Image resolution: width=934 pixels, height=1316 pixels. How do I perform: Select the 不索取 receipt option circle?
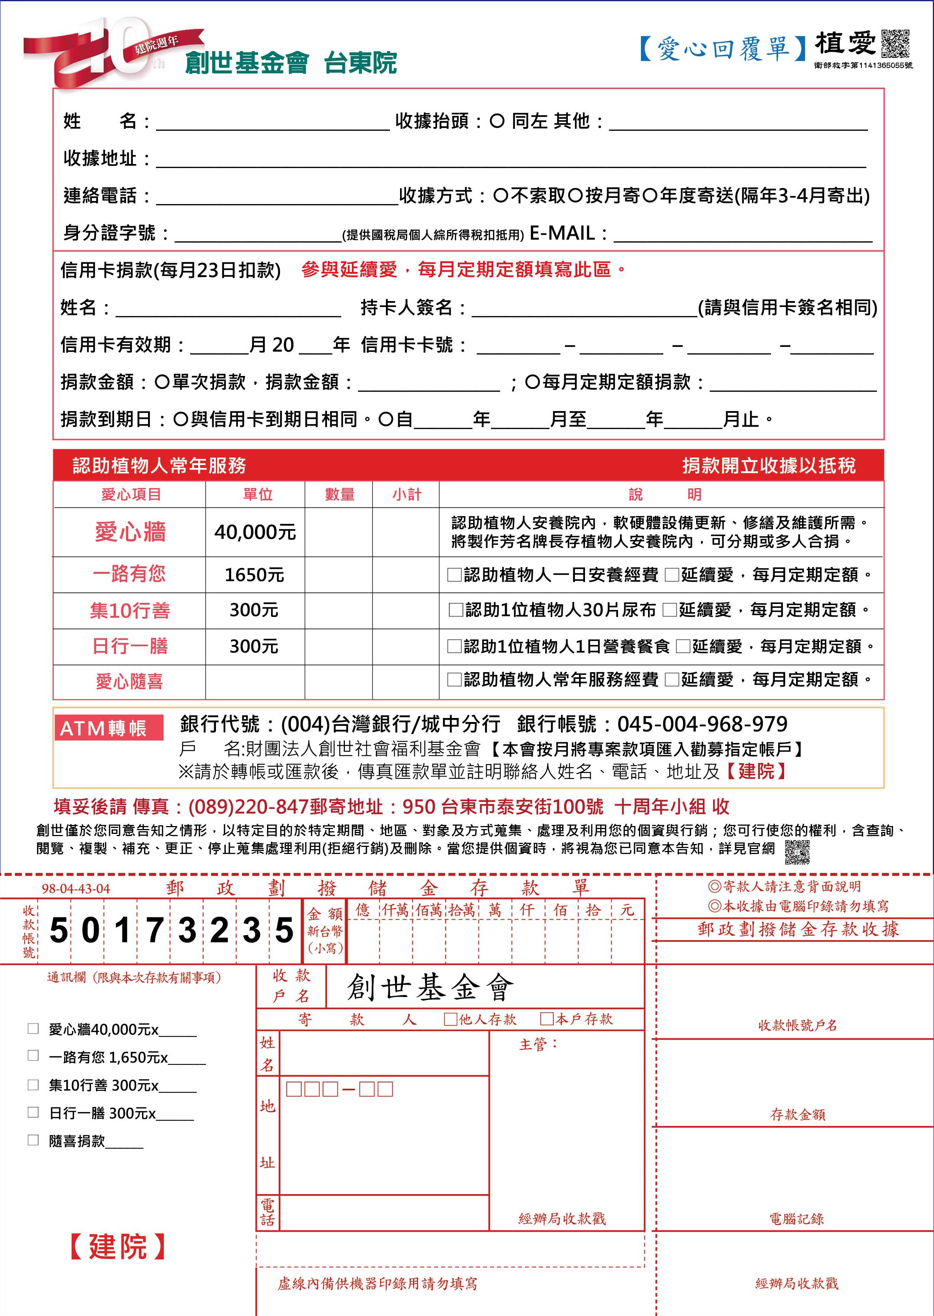500,196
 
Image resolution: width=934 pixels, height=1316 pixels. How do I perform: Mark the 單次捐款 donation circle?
161,382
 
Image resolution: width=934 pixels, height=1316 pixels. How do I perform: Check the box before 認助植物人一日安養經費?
455,575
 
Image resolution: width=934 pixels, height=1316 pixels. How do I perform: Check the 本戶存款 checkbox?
546,1019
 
